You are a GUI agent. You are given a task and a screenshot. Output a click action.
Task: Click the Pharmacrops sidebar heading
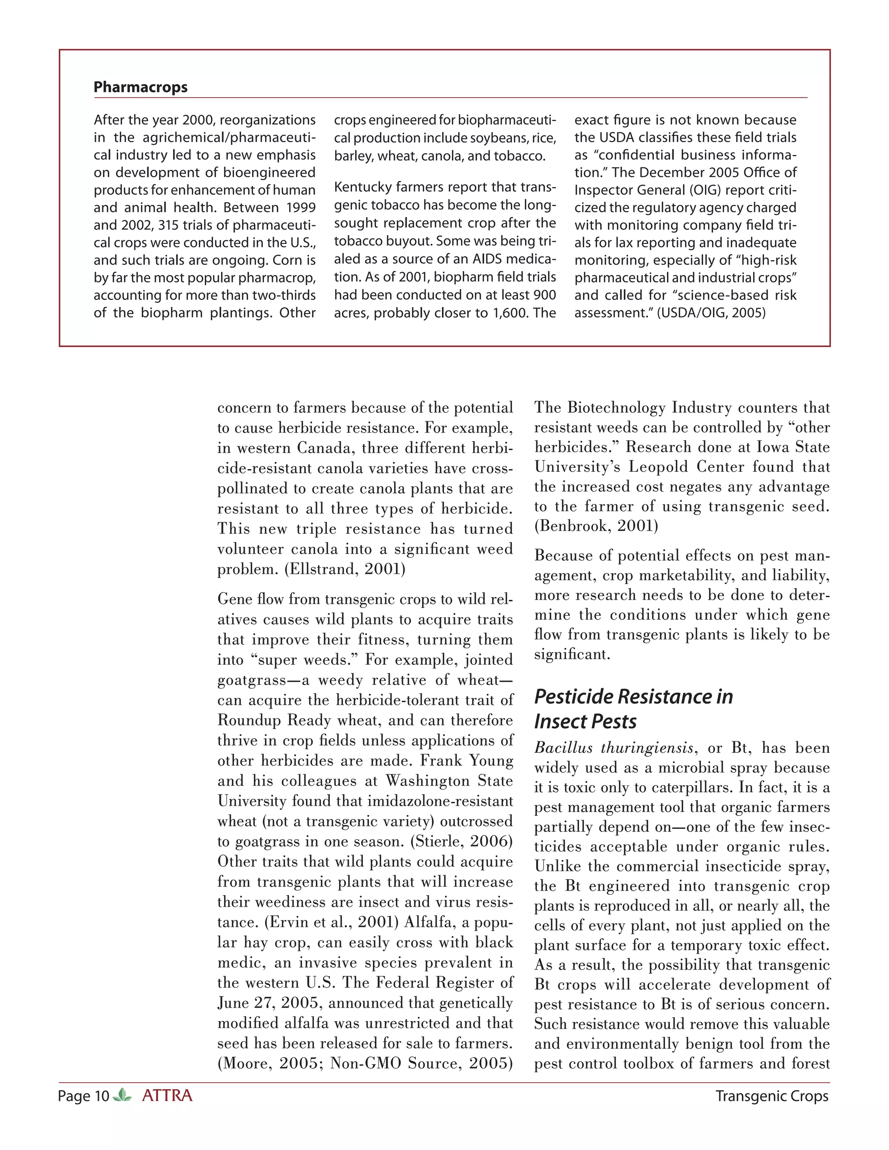pyautogui.click(x=140, y=87)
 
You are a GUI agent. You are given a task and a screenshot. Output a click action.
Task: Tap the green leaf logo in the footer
pyautogui.click(x=122, y=1095)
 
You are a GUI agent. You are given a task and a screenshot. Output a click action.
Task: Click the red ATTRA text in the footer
pyautogui.click(x=167, y=1096)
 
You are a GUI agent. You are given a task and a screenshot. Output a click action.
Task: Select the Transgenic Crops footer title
pyautogui.click(x=771, y=1096)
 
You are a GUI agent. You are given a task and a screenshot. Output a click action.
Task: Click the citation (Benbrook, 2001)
pyautogui.click(x=596, y=526)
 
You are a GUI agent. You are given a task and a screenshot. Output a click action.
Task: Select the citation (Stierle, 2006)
pyautogui.click(x=461, y=841)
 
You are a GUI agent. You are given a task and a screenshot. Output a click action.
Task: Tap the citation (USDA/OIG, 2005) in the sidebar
pyautogui.click(x=711, y=313)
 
